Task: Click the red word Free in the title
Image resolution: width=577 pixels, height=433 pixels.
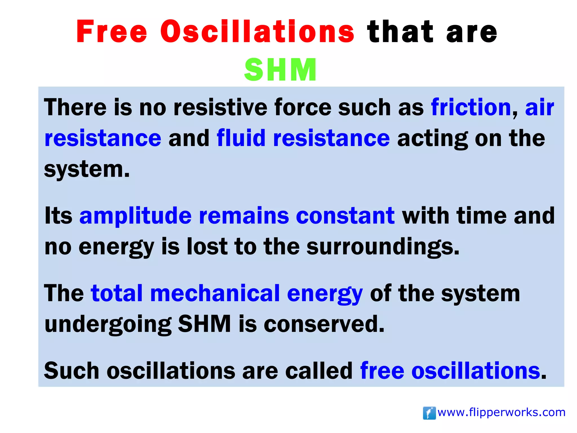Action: point(112,32)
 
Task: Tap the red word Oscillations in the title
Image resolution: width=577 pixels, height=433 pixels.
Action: point(257,32)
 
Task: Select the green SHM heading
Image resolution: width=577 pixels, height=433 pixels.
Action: point(280,70)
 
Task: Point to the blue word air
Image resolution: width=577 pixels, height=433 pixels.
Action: point(540,107)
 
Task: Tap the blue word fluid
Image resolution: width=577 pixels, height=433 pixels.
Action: point(241,138)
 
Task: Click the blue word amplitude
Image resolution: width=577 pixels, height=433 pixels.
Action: point(136,216)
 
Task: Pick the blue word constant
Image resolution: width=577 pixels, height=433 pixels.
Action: point(345,216)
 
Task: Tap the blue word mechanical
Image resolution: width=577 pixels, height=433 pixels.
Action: point(215,293)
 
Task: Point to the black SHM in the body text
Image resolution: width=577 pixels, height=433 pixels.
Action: point(205,324)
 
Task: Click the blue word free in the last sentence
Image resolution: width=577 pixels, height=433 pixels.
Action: point(382,371)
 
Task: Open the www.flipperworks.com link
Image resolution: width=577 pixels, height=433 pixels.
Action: point(501,412)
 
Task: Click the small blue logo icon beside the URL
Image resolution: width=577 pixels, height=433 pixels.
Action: point(429,413)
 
